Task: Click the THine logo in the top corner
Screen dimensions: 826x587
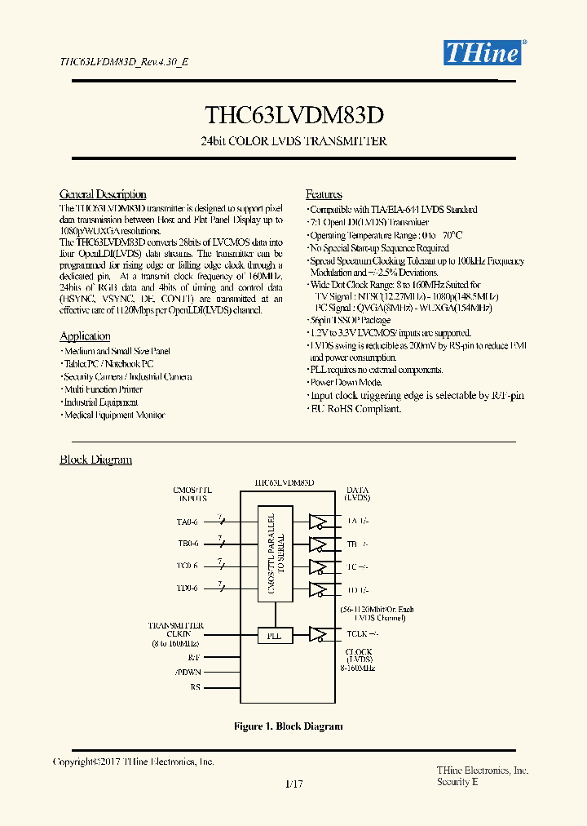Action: click(482, 53)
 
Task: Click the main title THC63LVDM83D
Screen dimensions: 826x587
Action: click(293, 113)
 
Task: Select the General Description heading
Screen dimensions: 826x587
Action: click(103, 194)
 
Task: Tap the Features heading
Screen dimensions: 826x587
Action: click(324, 194)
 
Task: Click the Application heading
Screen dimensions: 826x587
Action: click(85, 336)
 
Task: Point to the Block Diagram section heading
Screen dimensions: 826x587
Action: click(95, 460)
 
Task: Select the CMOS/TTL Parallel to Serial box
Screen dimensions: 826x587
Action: click(276, 555)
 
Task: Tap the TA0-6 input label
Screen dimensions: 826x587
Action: click(188, 521)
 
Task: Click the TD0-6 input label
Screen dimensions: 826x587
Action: click(188, 587)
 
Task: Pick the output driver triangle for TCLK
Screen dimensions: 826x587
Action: click(318, 633)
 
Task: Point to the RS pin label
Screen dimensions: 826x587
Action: click(195, 687)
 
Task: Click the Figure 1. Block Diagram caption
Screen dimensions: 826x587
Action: click(288, 726)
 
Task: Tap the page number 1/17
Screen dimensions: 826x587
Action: click(294, 784)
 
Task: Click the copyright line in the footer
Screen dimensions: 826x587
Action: click(133, 762)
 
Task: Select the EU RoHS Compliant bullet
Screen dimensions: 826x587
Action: click(355, 408)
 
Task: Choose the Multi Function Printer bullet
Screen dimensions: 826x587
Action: click(103, 389)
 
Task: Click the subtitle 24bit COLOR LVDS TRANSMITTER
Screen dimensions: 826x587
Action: click(293, 141)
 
